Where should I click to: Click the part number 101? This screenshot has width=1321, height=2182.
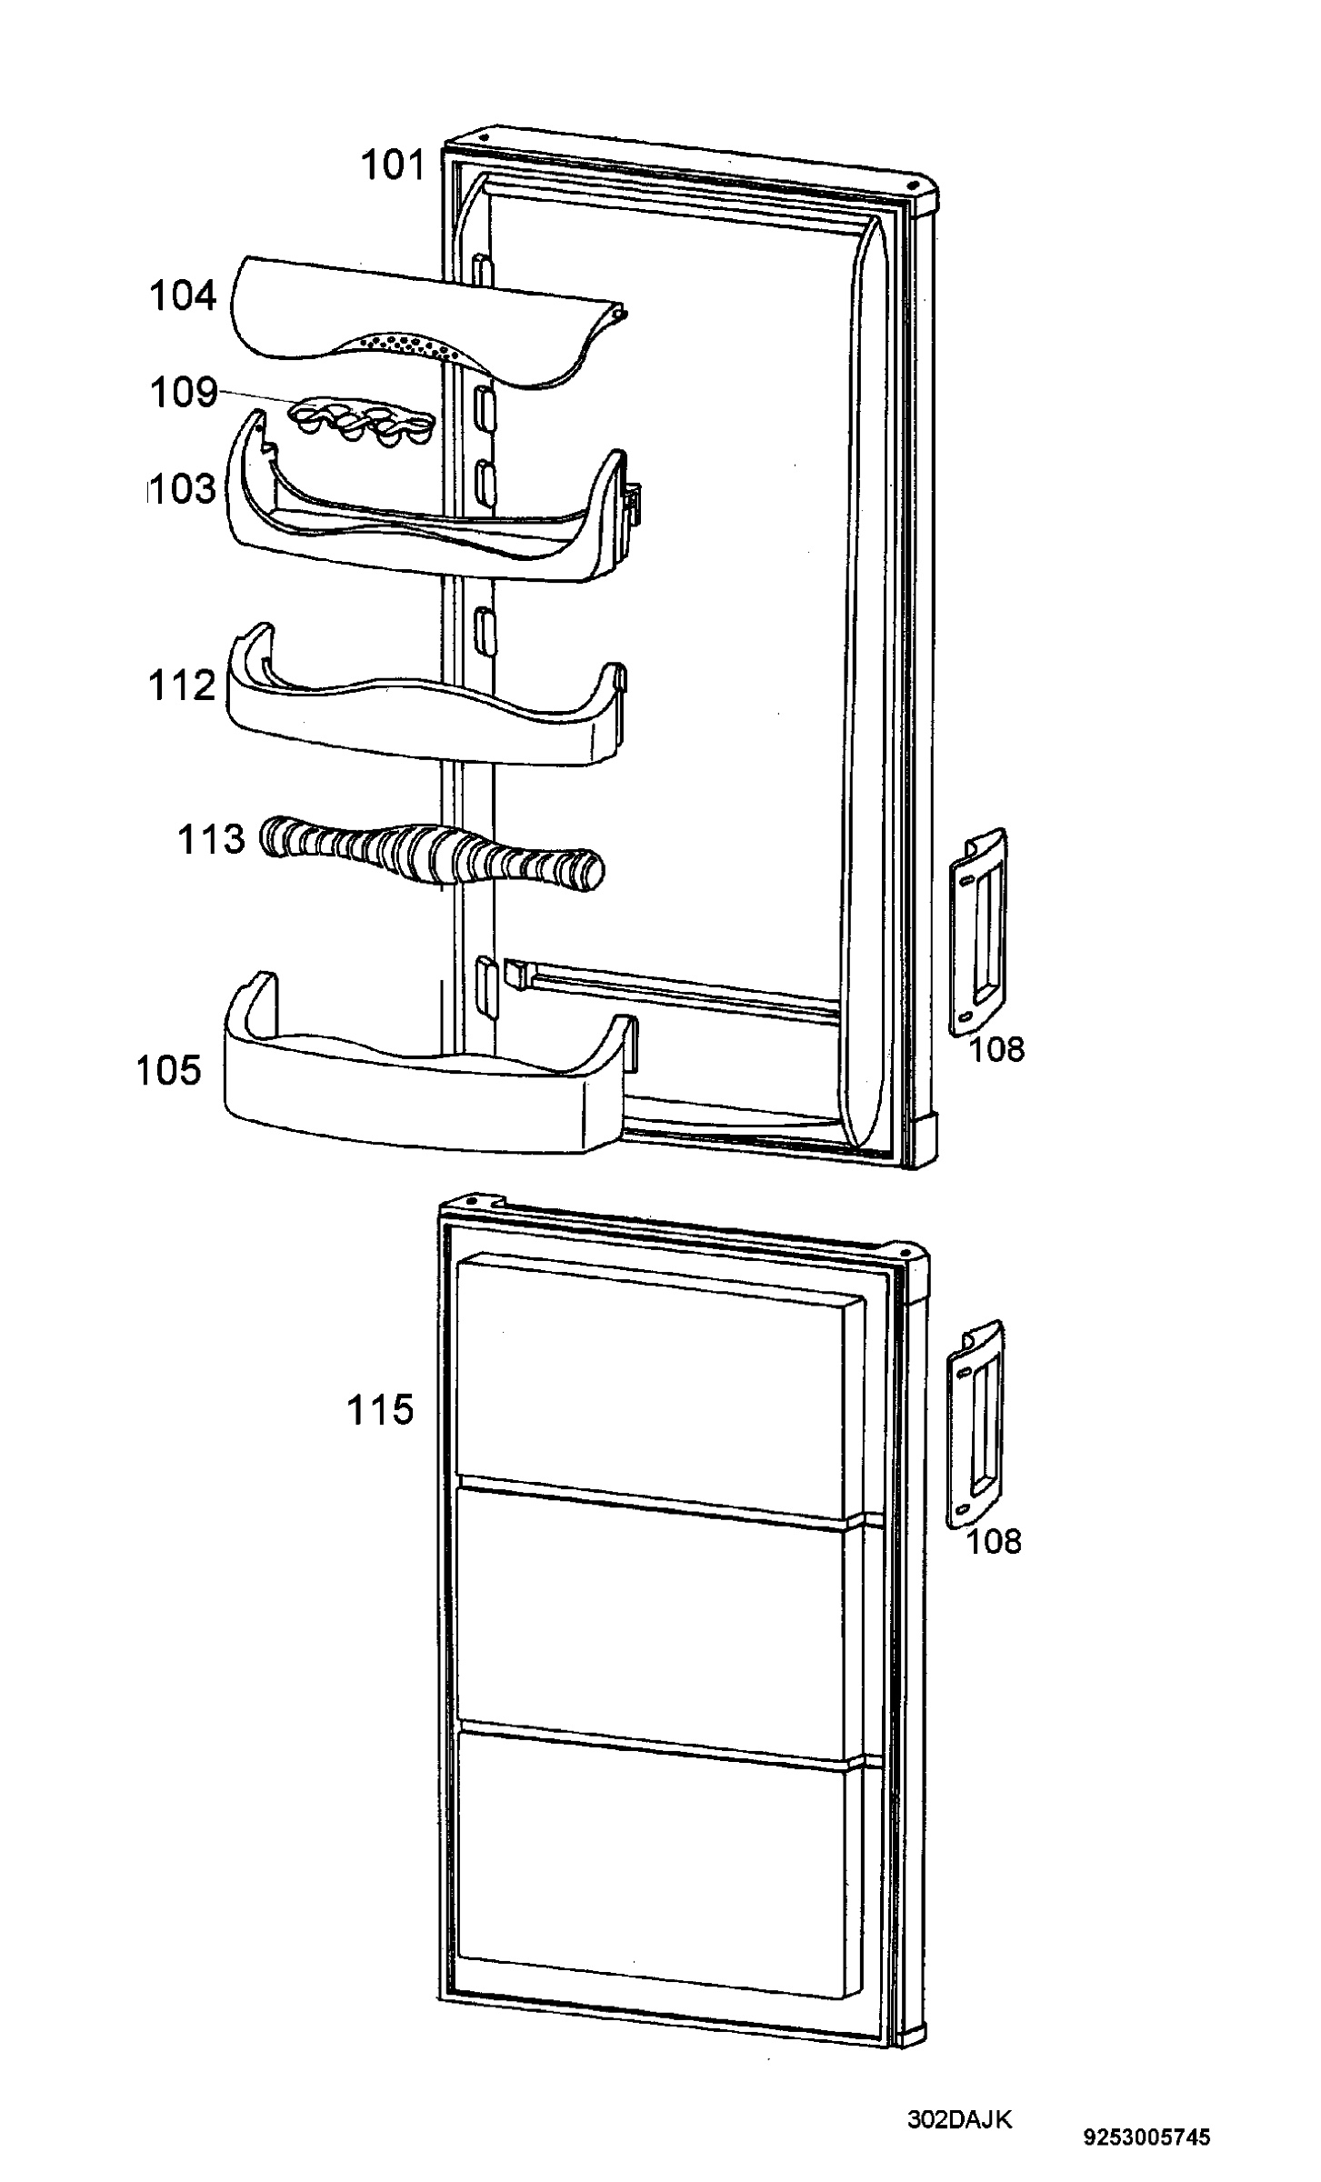point(394,166)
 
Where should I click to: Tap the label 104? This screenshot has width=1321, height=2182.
point(184,296)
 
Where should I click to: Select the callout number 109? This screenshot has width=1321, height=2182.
point(184,393)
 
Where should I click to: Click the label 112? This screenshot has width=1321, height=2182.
point(183,686)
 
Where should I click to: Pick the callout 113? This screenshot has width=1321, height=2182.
point(211,838)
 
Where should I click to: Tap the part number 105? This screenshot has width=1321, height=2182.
point(169,1070)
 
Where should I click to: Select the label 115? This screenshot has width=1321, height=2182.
point(380,1410)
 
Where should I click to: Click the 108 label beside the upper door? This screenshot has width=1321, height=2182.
point(996,1049)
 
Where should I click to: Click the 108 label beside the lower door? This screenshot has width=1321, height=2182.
point(994,1541)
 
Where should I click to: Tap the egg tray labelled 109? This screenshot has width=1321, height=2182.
point(360,424)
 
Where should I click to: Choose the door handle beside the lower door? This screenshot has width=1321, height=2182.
point(976,1425)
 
